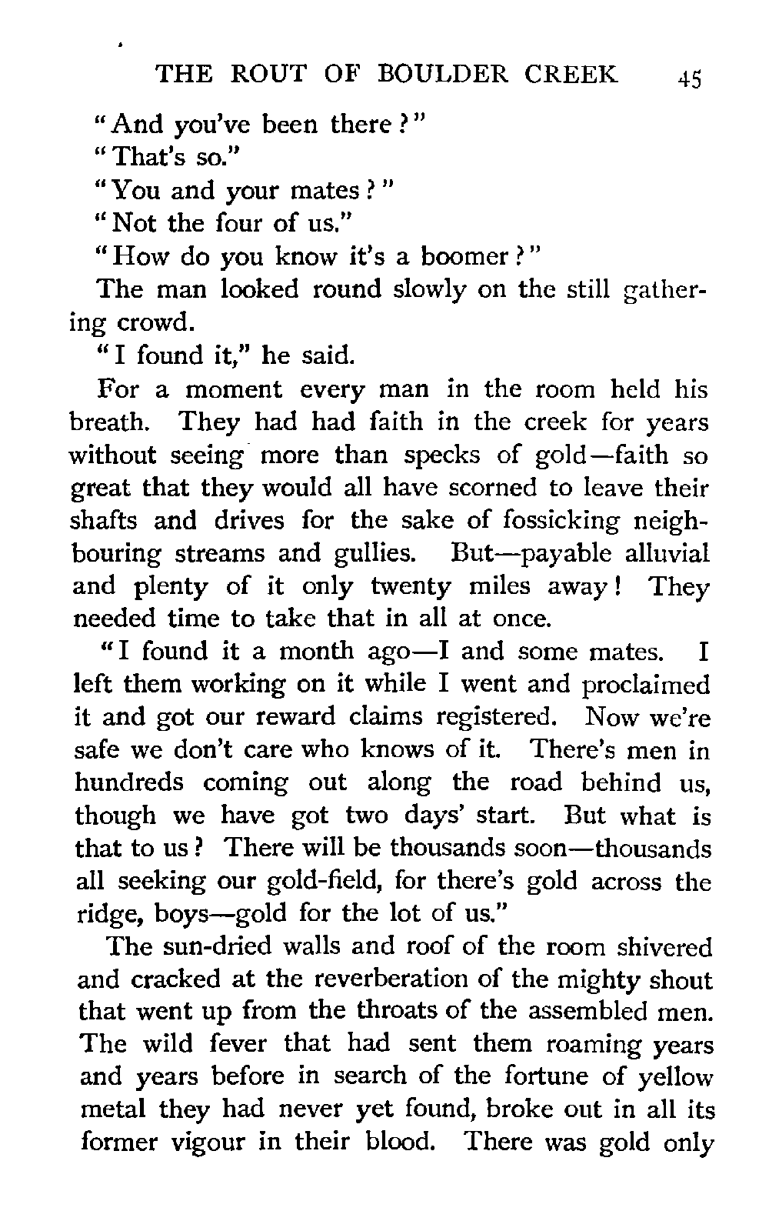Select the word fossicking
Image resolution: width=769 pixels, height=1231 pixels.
tap(568, 522)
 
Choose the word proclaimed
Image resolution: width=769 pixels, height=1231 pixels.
tap(644, 685)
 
